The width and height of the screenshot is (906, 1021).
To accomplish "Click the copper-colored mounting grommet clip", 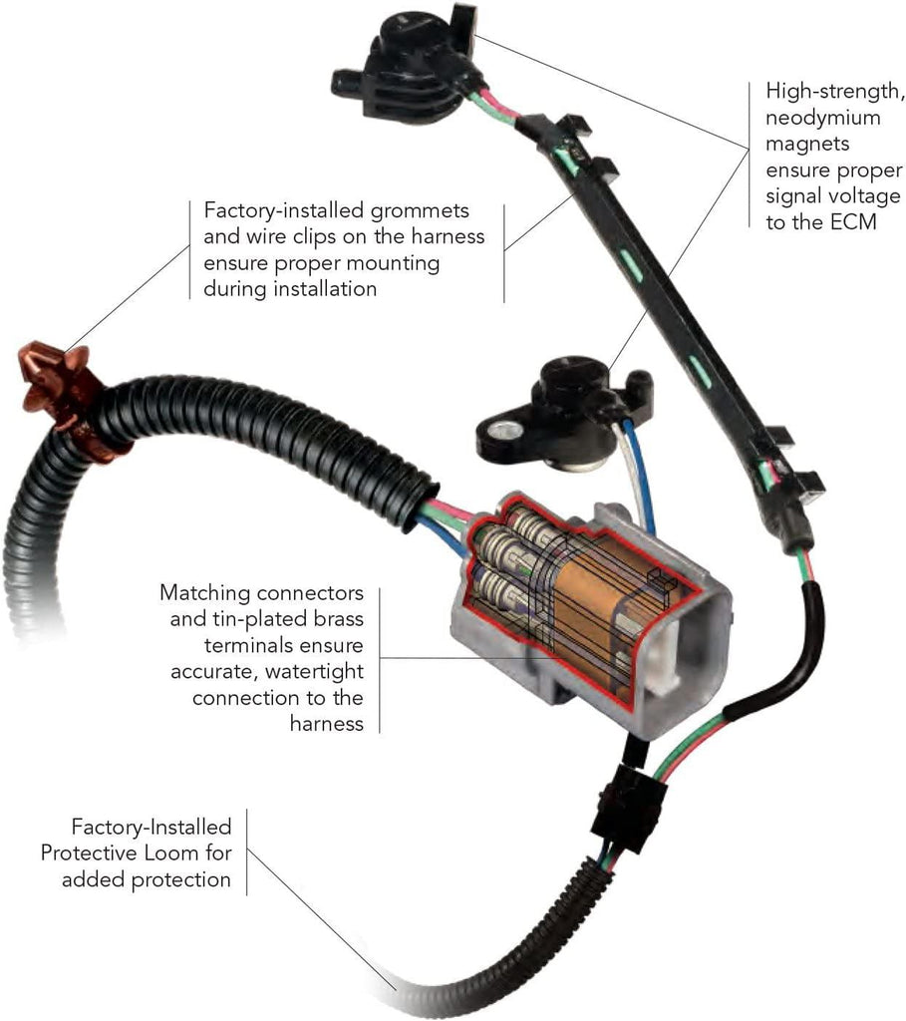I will click(x=61, y=398).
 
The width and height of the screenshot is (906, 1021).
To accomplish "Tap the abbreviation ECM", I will click(x=851, y=221).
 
